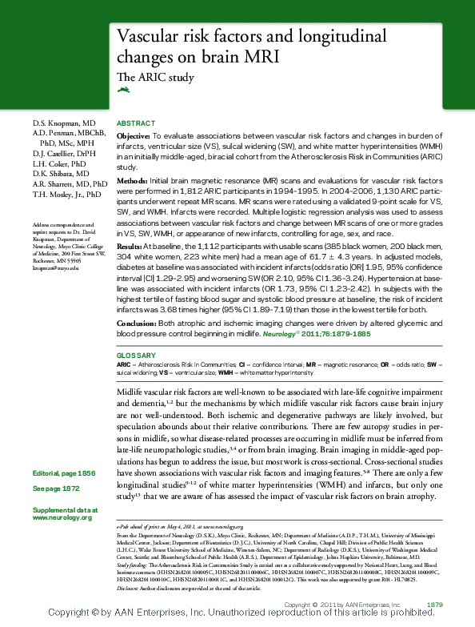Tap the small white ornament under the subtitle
coord(122,90)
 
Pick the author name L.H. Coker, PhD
coord(61,163)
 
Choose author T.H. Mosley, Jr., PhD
coord(67,195)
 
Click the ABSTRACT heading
coord(136,123)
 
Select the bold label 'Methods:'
coord(132,183)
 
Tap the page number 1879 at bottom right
coord(435,604)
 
